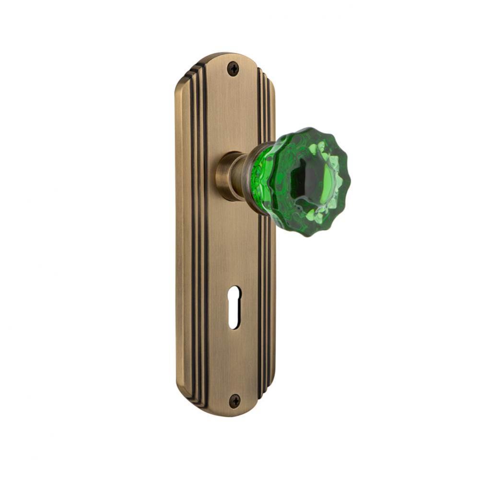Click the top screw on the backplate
coord(233,69)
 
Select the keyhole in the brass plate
coord(234,307)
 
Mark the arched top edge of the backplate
coord(225,54)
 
